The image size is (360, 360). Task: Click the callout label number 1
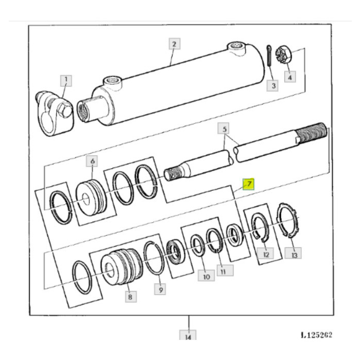pyautogui.click(x=66, y=81)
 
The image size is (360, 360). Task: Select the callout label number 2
pyautogui.click(x=174, y=44)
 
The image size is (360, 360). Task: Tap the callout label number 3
pyautogui.click(x=273, y=85)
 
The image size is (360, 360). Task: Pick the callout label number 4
pyautogui.click(x=290, y=77)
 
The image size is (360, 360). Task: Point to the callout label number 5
pyautogui.click(x=224, y=129)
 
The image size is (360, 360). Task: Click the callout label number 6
pyautogui.click(x=92, y=161)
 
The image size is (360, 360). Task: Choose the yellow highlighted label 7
pyautogui.click(x=249, y=184)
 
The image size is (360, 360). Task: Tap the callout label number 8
pyautogui.click(x=131, y=297)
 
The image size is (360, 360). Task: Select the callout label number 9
pyautogui.click(x=160, y=289)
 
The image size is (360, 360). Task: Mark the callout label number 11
pyautogui.click(x=225, y=271)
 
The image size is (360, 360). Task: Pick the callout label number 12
pyautogui.click(x=265, y=253)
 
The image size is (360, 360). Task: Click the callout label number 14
pyautogui.click(x=188, y=335)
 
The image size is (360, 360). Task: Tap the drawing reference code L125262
pyautogui.click(x=316, y=335)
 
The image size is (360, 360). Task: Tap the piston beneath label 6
pyautogui.click(x=92, y=197)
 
